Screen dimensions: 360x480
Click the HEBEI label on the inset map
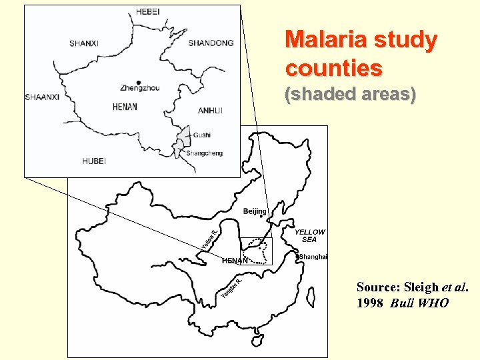148,11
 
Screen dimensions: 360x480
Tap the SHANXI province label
83,43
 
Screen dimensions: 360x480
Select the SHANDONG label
211,43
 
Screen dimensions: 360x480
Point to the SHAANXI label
43,97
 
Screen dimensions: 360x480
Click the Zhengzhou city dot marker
138,83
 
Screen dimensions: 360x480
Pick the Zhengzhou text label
140,88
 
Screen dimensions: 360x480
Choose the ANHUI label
210,111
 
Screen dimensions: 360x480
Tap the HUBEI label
94,161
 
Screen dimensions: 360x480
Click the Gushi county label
202,135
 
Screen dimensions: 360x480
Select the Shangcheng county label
204,153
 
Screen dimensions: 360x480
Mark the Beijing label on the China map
255,211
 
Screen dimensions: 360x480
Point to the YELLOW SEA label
310,236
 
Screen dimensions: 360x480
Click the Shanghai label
313,257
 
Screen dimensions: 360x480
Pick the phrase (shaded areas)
351,95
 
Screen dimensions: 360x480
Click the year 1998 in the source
371,303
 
